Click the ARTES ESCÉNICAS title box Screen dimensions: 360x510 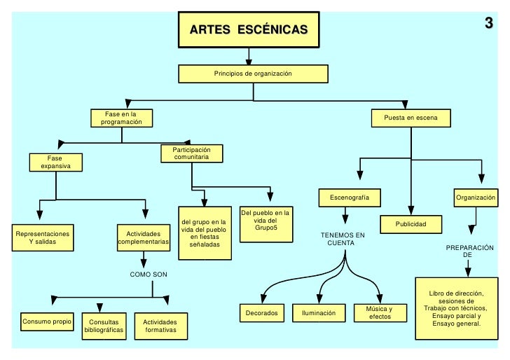click(x=248, y=30)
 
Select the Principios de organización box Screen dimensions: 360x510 click(x=252, y=74)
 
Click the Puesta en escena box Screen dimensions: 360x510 click(x=411, y=118)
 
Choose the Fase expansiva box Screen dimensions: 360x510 click(x=55, y=162)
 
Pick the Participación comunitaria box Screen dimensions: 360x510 click(x=192, y=153)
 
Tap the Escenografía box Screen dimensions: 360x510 click(x=350, y=198)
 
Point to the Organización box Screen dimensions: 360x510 click(x=476, y=198)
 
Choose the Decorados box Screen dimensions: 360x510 click(x=262, y=313)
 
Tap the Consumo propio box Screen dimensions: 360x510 click(x=47, y=323)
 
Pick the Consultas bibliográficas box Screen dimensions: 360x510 click(x=104, y=326)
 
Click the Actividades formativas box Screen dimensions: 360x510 click(x=160, y=326)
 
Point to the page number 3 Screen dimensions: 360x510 click(x=489, y=23)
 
